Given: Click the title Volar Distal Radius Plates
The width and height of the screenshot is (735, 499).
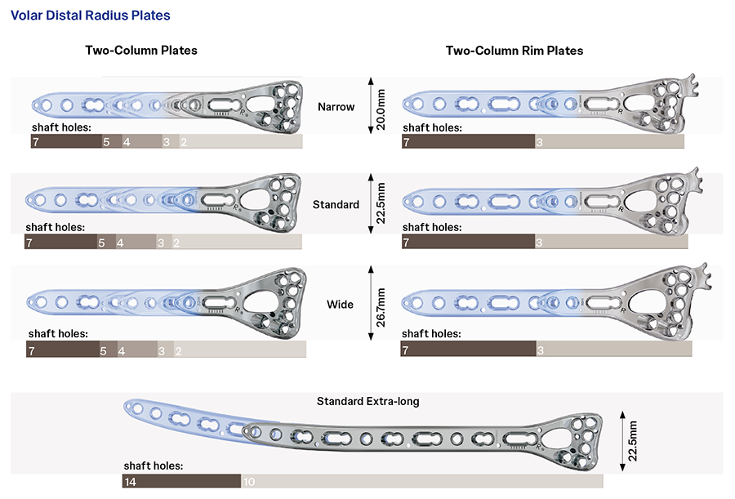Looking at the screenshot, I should [x=91, y=16].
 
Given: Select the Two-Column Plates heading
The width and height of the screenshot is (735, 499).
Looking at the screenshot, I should [x=141, y=51].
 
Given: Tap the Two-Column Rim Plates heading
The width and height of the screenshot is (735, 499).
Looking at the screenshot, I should [x=514, y=51].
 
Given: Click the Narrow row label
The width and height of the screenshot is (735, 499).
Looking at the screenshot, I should [x=336, y=106].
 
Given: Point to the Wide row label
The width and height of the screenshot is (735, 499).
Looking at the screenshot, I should [x=340, y=305].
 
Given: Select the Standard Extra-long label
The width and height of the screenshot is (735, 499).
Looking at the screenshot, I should [x=368, y=401].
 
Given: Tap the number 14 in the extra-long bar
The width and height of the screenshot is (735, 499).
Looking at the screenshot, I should [x=130, y=482].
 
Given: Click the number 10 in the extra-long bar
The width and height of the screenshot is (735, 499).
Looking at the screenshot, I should [x=249, y=482].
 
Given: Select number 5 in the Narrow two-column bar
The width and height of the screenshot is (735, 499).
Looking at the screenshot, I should [x=106, y=142].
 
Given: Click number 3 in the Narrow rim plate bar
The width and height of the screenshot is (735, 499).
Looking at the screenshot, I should [x=539, y=142].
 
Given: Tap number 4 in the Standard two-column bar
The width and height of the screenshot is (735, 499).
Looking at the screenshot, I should [x=120, y=243].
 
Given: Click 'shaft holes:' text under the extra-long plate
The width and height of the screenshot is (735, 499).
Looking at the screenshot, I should [x=154, y=466].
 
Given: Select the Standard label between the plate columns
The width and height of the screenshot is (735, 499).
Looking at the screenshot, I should [x=336, y=205].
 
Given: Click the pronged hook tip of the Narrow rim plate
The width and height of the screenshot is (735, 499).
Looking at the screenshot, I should [x=695, y=81].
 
